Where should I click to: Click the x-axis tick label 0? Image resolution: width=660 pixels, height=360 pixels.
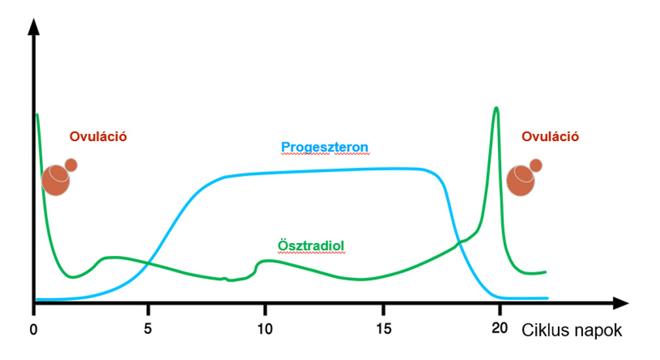[33, 327]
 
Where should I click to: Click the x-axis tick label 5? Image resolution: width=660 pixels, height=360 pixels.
[150, 327]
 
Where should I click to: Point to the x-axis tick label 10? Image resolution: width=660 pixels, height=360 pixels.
[265, 327]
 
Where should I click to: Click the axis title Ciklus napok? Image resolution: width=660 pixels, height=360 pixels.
[571, 331]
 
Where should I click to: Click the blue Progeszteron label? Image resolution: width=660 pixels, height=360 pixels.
[325, 147]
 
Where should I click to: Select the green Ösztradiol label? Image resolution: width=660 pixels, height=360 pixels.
[311, 246]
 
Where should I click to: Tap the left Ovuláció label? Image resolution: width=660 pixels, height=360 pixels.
[98, 137]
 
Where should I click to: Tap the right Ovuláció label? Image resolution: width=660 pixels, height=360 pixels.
[550, 137]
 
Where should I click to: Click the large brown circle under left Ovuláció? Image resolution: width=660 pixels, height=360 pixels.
[56, 181]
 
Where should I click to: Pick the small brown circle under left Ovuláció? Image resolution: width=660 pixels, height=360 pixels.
[71, 165]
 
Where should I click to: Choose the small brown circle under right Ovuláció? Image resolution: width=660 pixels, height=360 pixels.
[536, 165]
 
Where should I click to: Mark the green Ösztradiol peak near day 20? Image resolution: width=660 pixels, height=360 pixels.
[497, 108]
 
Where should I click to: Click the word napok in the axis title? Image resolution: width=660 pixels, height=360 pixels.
[598, 331]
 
